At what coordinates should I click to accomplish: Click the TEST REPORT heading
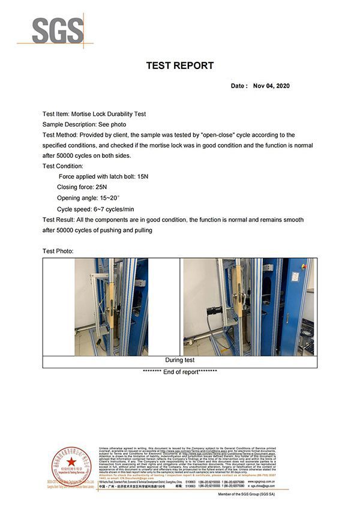point(180,65)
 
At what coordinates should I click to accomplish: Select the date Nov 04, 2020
point(271,86)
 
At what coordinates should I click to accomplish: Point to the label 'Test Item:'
point(56,113)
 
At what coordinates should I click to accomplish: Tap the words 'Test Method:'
point(60,135)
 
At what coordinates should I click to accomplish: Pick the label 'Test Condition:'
point(63,166)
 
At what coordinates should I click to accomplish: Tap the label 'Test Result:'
point(59,220)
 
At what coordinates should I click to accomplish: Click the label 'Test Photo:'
point(58,251)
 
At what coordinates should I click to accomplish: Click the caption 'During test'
point(180,361)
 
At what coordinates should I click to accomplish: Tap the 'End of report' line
point(180,372)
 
